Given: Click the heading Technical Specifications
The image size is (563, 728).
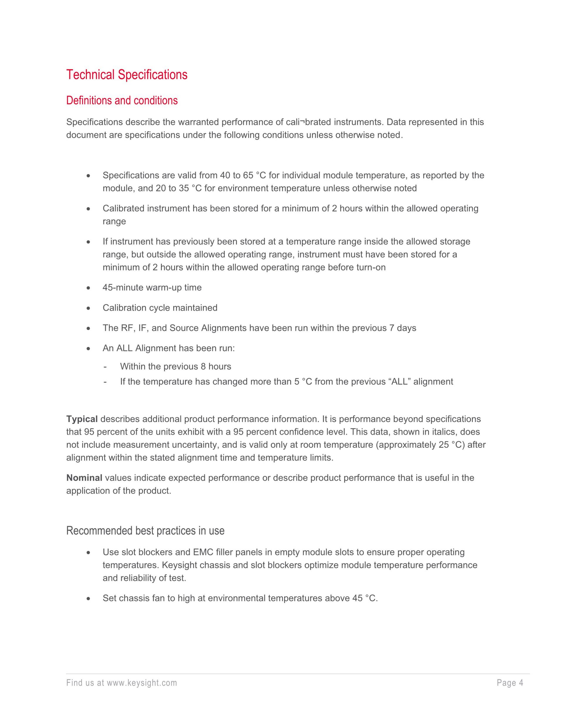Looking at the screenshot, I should (127, 75).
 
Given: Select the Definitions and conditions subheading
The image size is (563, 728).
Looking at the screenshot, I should (122, 100).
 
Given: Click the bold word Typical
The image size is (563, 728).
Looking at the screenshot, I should (82, 419).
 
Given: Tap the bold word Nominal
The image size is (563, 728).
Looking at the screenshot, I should (84, 478).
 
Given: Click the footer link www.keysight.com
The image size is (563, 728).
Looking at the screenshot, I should (142, 683).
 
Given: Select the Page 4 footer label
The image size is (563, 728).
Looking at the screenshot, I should (510, 683).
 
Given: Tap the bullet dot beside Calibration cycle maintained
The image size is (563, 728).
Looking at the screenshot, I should (88, 308).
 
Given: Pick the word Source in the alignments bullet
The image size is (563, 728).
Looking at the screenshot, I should (184, 328).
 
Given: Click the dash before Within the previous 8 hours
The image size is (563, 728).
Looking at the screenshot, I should (105, 367).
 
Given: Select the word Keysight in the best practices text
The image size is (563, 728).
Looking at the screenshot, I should (180, 565).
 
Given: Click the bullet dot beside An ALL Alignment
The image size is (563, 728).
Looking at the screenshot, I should (88, 348).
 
